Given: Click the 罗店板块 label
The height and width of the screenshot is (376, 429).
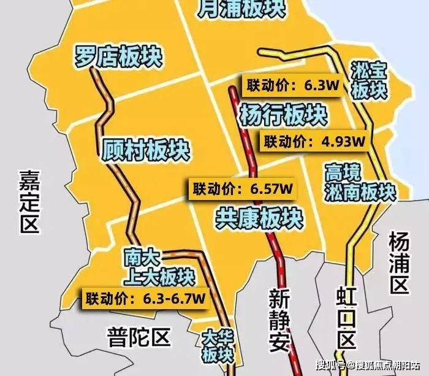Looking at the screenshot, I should [x=117, y=56].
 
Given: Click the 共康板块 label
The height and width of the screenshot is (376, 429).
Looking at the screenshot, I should [x=259, y=217].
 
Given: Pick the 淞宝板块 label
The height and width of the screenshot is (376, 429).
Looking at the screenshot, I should [x=370, y=80].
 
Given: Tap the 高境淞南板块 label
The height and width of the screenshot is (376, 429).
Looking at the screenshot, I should [x=360, y=182].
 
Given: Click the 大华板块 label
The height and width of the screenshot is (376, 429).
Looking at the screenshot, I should [x=218, y=346].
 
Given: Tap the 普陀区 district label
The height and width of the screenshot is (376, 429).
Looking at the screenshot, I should [x=138, y=336].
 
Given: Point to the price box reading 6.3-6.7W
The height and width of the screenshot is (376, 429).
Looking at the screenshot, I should [x=145, y=299].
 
